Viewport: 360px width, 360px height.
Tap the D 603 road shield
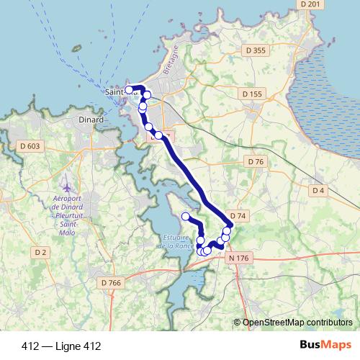pyautogui.click(x=30, y=146)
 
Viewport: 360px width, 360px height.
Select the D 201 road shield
pyautogui.click(x=311, y=4)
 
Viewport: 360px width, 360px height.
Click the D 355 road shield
pyautogui.click(x=256, y=50)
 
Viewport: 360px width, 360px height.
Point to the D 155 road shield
pyautogui.click(x=253, y=94)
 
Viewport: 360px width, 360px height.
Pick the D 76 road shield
pyautogui.click(x=256, y=162)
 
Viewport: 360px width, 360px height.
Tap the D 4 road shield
pyautogui.click(x=318, y=190)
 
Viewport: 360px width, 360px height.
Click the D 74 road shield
pyautogui.click(x=238, y=217)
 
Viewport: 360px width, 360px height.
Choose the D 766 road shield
pyautogui.click(x=112, y=283)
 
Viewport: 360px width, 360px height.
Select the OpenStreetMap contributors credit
pyautogui.click(x=297, y=323)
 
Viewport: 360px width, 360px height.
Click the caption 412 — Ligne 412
pyautogui.click(x=61, y=346)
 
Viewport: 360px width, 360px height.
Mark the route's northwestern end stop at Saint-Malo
pyautogui.click(x=130, y=90)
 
